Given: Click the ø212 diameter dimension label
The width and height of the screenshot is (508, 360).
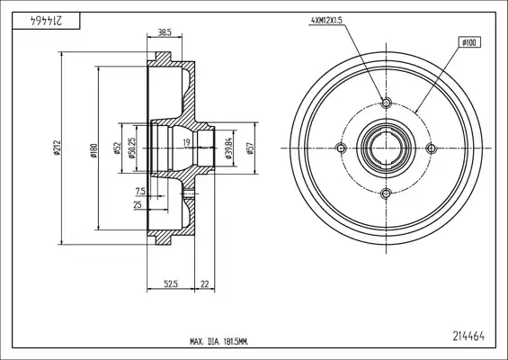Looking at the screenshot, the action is click(x=58, y=148).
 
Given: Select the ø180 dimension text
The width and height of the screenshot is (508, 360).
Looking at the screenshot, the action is click(x=94, y=150).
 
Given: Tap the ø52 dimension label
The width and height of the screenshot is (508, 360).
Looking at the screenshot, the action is click(x=117, y=148).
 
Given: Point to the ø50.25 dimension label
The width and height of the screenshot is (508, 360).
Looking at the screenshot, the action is click(x=132, y=148).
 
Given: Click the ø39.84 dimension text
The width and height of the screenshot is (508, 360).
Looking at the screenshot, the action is click(x=228, y=148).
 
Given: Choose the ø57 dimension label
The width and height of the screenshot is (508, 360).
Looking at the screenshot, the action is click(x=250, y=148).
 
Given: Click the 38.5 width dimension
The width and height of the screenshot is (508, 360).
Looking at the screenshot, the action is click(x=165, y=32).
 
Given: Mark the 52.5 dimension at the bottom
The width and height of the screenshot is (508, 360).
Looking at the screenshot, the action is click(x=171, y=284).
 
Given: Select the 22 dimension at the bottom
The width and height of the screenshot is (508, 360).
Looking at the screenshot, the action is click(x=205, y=284).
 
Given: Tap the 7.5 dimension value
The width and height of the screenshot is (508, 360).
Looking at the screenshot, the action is click(x=140, y=192).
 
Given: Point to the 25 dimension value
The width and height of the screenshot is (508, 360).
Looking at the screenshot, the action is click(x=138, y=204).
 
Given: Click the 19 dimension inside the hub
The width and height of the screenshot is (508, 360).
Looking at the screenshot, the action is click(x=186, y=142).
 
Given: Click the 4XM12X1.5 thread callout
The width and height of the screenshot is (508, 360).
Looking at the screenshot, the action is click(x=326, y=21).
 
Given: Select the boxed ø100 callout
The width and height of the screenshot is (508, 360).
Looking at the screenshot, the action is click(x=469, y=42).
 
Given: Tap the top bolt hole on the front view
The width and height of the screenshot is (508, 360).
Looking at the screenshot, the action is click(x=386, y=103).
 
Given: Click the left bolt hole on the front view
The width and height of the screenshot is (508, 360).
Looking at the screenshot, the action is click(x=341, y=148).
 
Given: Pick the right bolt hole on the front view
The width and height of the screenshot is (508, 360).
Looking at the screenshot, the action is click(x=432, y=148).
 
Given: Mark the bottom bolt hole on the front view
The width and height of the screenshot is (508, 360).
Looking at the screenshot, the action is click(x=386, y=193).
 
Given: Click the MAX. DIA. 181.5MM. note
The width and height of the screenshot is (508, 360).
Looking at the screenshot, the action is click(x=219, y=341).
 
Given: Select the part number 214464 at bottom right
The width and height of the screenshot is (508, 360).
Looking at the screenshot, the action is click(x=468, y=337).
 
